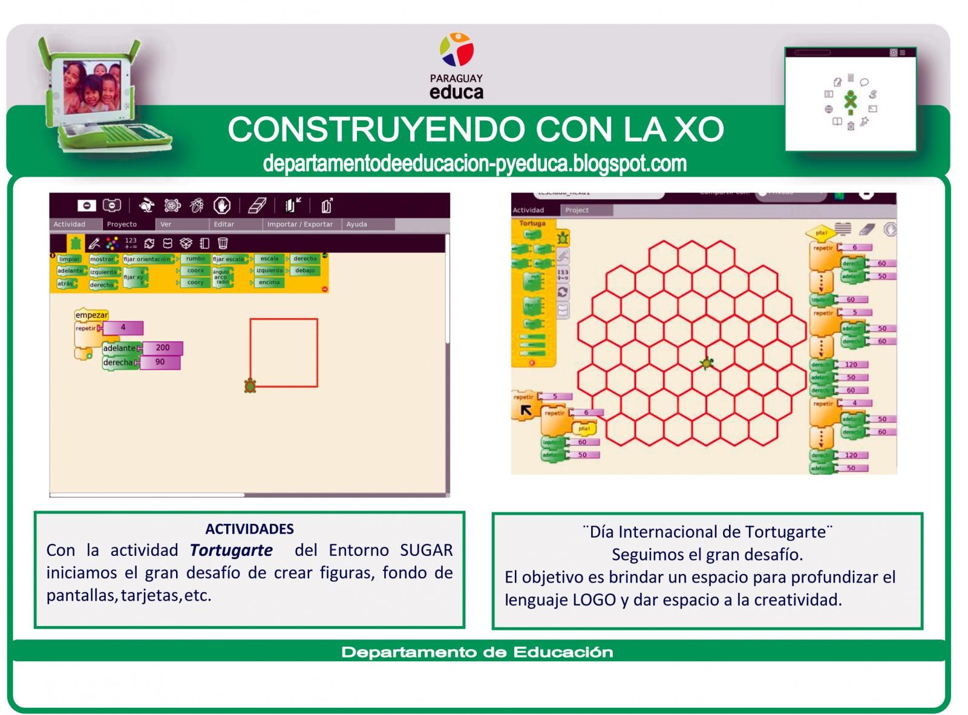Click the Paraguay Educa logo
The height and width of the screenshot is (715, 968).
(457, 66)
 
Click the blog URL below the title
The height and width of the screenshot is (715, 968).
(475, 163)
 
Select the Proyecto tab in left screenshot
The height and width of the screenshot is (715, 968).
(122, 224)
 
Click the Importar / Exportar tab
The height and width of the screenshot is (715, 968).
(300, 224)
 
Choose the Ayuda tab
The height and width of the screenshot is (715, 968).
(357, 224)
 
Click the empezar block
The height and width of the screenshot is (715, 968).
(91, 315)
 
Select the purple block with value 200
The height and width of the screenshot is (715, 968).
(162, 348)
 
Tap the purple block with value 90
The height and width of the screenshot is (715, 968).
(160, 362)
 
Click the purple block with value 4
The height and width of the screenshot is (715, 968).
(123, 328)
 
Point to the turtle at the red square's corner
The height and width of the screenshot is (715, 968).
(250, 385)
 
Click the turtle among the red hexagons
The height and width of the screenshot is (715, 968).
(707, 364)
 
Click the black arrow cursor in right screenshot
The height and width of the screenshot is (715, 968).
(526, 410)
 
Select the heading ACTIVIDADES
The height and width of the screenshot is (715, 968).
(249, 529)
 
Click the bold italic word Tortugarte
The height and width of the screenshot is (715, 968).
(231, 550)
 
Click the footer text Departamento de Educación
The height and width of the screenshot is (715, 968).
(477, 652)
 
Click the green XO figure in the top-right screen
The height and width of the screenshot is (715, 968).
(851, 100)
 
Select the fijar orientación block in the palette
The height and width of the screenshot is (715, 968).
(147, 259)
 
